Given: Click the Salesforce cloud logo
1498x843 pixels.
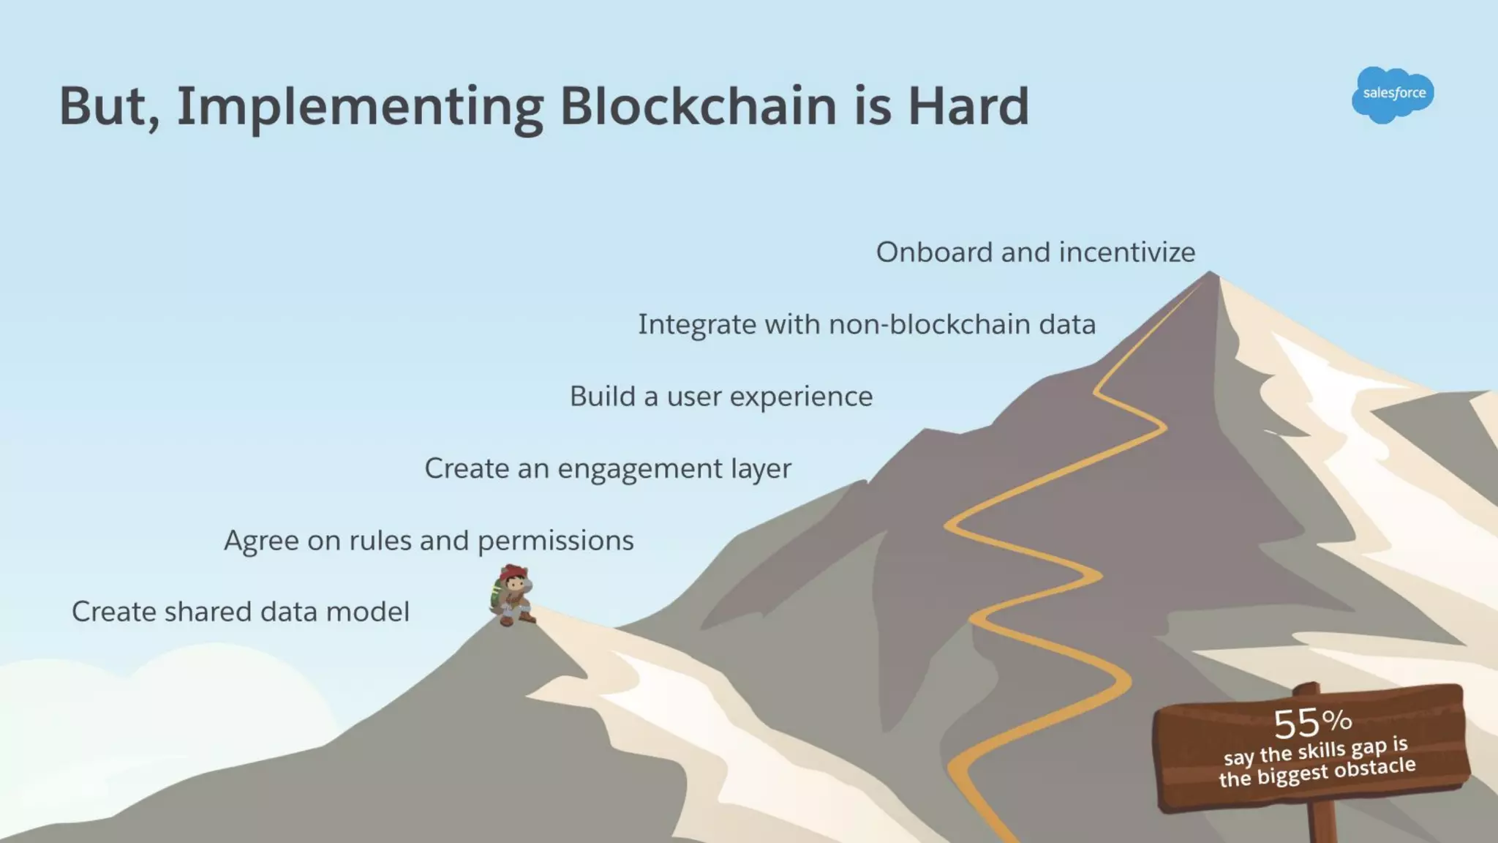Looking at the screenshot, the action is tap(1393, 94).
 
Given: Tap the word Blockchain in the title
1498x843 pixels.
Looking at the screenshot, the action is tap(698, 106).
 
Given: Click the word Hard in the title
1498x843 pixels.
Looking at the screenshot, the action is tap(968, 106).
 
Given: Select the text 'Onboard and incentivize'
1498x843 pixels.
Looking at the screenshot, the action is tap(1035, 252).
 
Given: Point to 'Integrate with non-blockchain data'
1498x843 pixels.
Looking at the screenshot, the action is tap(867, 325).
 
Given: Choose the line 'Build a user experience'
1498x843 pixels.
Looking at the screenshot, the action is tap(720, 397).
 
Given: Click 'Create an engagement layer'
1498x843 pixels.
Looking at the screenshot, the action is tap(607, 469).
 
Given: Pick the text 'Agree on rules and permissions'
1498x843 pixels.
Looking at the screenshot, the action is tap(429, 541).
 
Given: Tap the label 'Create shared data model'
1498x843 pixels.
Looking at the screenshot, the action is tap(241, 612).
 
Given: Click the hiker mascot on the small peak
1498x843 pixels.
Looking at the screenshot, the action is tap(513, 595).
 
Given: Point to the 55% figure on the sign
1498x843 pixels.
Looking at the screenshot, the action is tap(1311, 722).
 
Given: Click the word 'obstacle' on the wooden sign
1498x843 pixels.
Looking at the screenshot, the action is tap(1374, 768).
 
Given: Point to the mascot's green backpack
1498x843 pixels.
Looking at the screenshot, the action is tap(497, 593).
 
